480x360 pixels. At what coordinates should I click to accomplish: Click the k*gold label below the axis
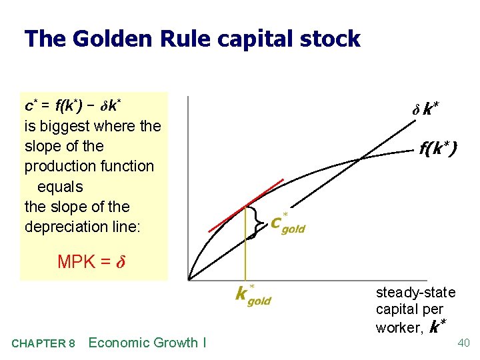click(x=253, y=295)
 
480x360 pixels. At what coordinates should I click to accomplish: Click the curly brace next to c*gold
click(x=257, y=222)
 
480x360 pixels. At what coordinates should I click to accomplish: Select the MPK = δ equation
click(x=91, y=262)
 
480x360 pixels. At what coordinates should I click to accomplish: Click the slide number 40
click(x=464, y=343)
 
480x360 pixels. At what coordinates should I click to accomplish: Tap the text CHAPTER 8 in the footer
click(x=43, y=343)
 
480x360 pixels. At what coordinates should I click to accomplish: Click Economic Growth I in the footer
click(x=147, y=343)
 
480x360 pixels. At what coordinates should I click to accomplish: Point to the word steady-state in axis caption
click(x=415, y=293)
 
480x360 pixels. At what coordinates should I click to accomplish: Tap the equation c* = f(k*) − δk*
click(x=72, y=106)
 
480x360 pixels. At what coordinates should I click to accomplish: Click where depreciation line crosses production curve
click(x=360, y=159)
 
